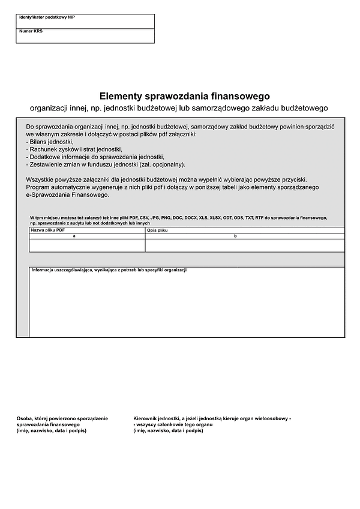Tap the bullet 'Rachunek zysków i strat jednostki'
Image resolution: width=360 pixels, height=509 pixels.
74,149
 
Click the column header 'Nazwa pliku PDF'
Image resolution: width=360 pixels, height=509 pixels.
47,230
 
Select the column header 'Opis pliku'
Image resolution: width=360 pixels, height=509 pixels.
158,230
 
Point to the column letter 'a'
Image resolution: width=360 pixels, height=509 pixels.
74,236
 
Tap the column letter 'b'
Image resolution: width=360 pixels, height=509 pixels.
235,236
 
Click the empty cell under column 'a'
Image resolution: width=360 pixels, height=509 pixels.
87,245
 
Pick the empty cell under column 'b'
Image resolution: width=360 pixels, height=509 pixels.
245,245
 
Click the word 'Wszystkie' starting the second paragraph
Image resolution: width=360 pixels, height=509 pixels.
41,180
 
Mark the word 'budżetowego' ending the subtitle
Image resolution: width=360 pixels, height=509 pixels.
305,108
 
